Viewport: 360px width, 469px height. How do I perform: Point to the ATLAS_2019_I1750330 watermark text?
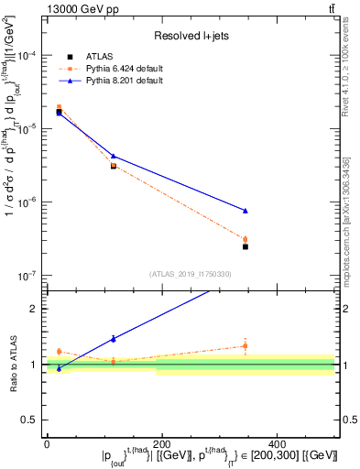[190, 274]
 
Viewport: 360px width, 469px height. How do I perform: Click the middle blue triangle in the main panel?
[113, 156]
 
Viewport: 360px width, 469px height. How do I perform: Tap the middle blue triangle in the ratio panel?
[113, 339]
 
